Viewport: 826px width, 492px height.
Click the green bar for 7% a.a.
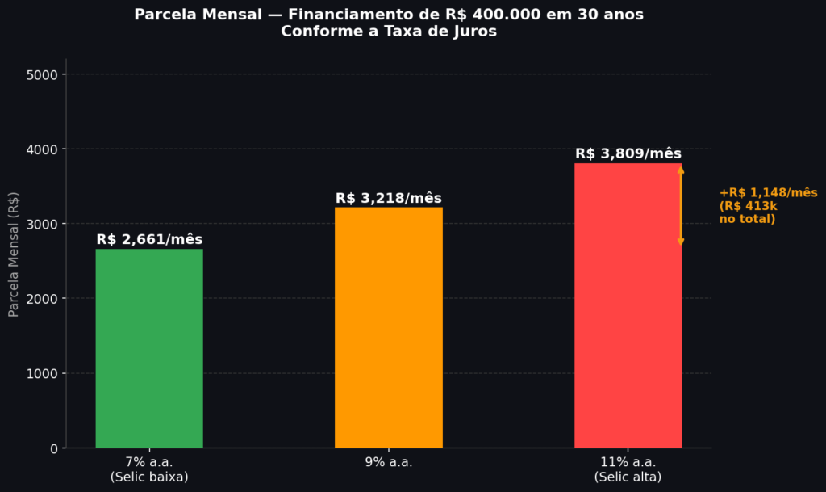click(149, 348)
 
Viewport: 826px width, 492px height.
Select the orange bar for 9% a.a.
click(389, 327)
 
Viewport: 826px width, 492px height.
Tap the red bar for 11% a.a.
click(628, 306)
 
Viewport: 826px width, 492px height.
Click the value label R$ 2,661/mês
click(149, 239)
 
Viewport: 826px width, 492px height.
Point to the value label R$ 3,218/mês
click(389, 198)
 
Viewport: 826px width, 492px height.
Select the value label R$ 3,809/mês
click(628, 153)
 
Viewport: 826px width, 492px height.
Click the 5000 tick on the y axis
click(42, 75)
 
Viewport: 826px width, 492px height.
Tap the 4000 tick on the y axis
click(42, 149)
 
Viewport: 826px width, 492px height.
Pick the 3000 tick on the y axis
click(42, 224)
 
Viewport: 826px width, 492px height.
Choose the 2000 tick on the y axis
click(42, 299)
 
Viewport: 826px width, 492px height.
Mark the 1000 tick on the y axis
click(42, 374)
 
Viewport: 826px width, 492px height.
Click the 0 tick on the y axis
click(54, 448)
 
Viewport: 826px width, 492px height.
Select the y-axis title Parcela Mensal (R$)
click(13, 254)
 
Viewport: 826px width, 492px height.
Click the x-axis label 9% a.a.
click(389, 462)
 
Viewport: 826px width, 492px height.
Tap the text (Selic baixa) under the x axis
click(149, 477)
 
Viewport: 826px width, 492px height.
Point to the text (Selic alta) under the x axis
click(628, 477)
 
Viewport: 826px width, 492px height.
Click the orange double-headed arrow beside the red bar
click(681, 205)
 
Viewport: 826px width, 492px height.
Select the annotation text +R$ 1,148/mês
click(769, 192)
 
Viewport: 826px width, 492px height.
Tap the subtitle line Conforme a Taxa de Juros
click(389, 32)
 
